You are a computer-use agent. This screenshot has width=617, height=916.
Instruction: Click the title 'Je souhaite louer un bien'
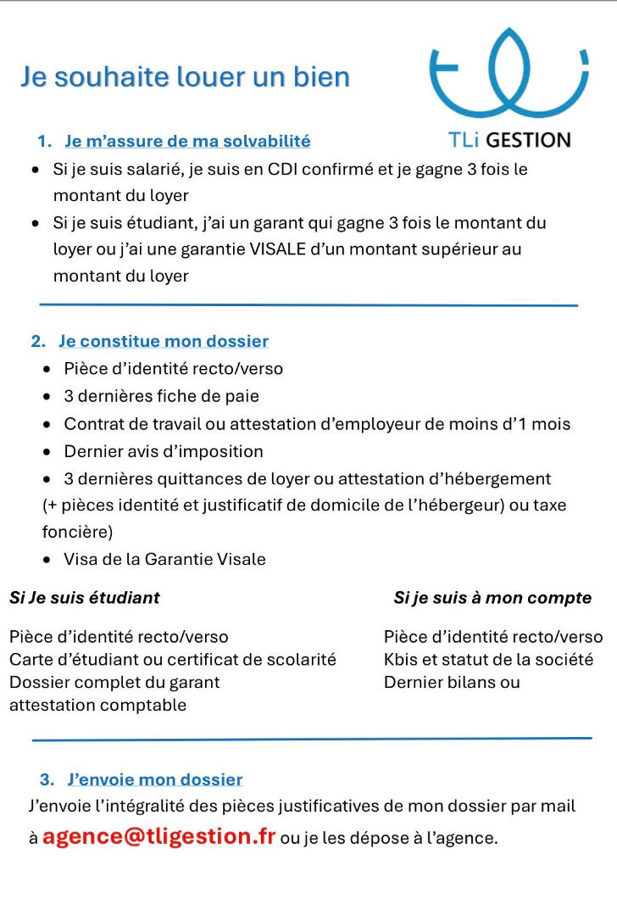click(185, 77)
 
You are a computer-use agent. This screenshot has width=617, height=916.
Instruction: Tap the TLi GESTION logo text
click(509, 140)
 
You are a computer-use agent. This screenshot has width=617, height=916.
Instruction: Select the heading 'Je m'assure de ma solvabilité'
click(187, 141)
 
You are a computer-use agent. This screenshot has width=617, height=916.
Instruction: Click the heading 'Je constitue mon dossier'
click(163, 341)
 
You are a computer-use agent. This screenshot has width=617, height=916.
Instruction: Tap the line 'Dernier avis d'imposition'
click(164, 451)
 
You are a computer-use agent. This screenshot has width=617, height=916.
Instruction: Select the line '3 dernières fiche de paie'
click(161, 396)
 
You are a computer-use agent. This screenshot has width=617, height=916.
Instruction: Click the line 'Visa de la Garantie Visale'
click(164, 559)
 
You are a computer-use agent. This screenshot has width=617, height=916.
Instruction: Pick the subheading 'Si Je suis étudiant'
click(85, 598)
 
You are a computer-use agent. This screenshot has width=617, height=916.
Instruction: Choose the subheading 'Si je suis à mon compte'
click(492, 598)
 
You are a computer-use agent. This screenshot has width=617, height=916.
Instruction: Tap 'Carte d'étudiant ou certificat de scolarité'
click(173, 659)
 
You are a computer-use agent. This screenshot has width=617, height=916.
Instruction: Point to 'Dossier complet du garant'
click(114, 682)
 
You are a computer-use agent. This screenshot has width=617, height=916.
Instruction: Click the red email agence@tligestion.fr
click(158, 836)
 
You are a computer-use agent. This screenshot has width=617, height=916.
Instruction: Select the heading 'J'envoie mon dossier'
click(154, 779)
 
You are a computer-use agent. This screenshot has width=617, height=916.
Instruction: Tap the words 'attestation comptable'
click(97, 705)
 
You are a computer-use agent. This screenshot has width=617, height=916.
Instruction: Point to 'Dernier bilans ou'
click(452, 682)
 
